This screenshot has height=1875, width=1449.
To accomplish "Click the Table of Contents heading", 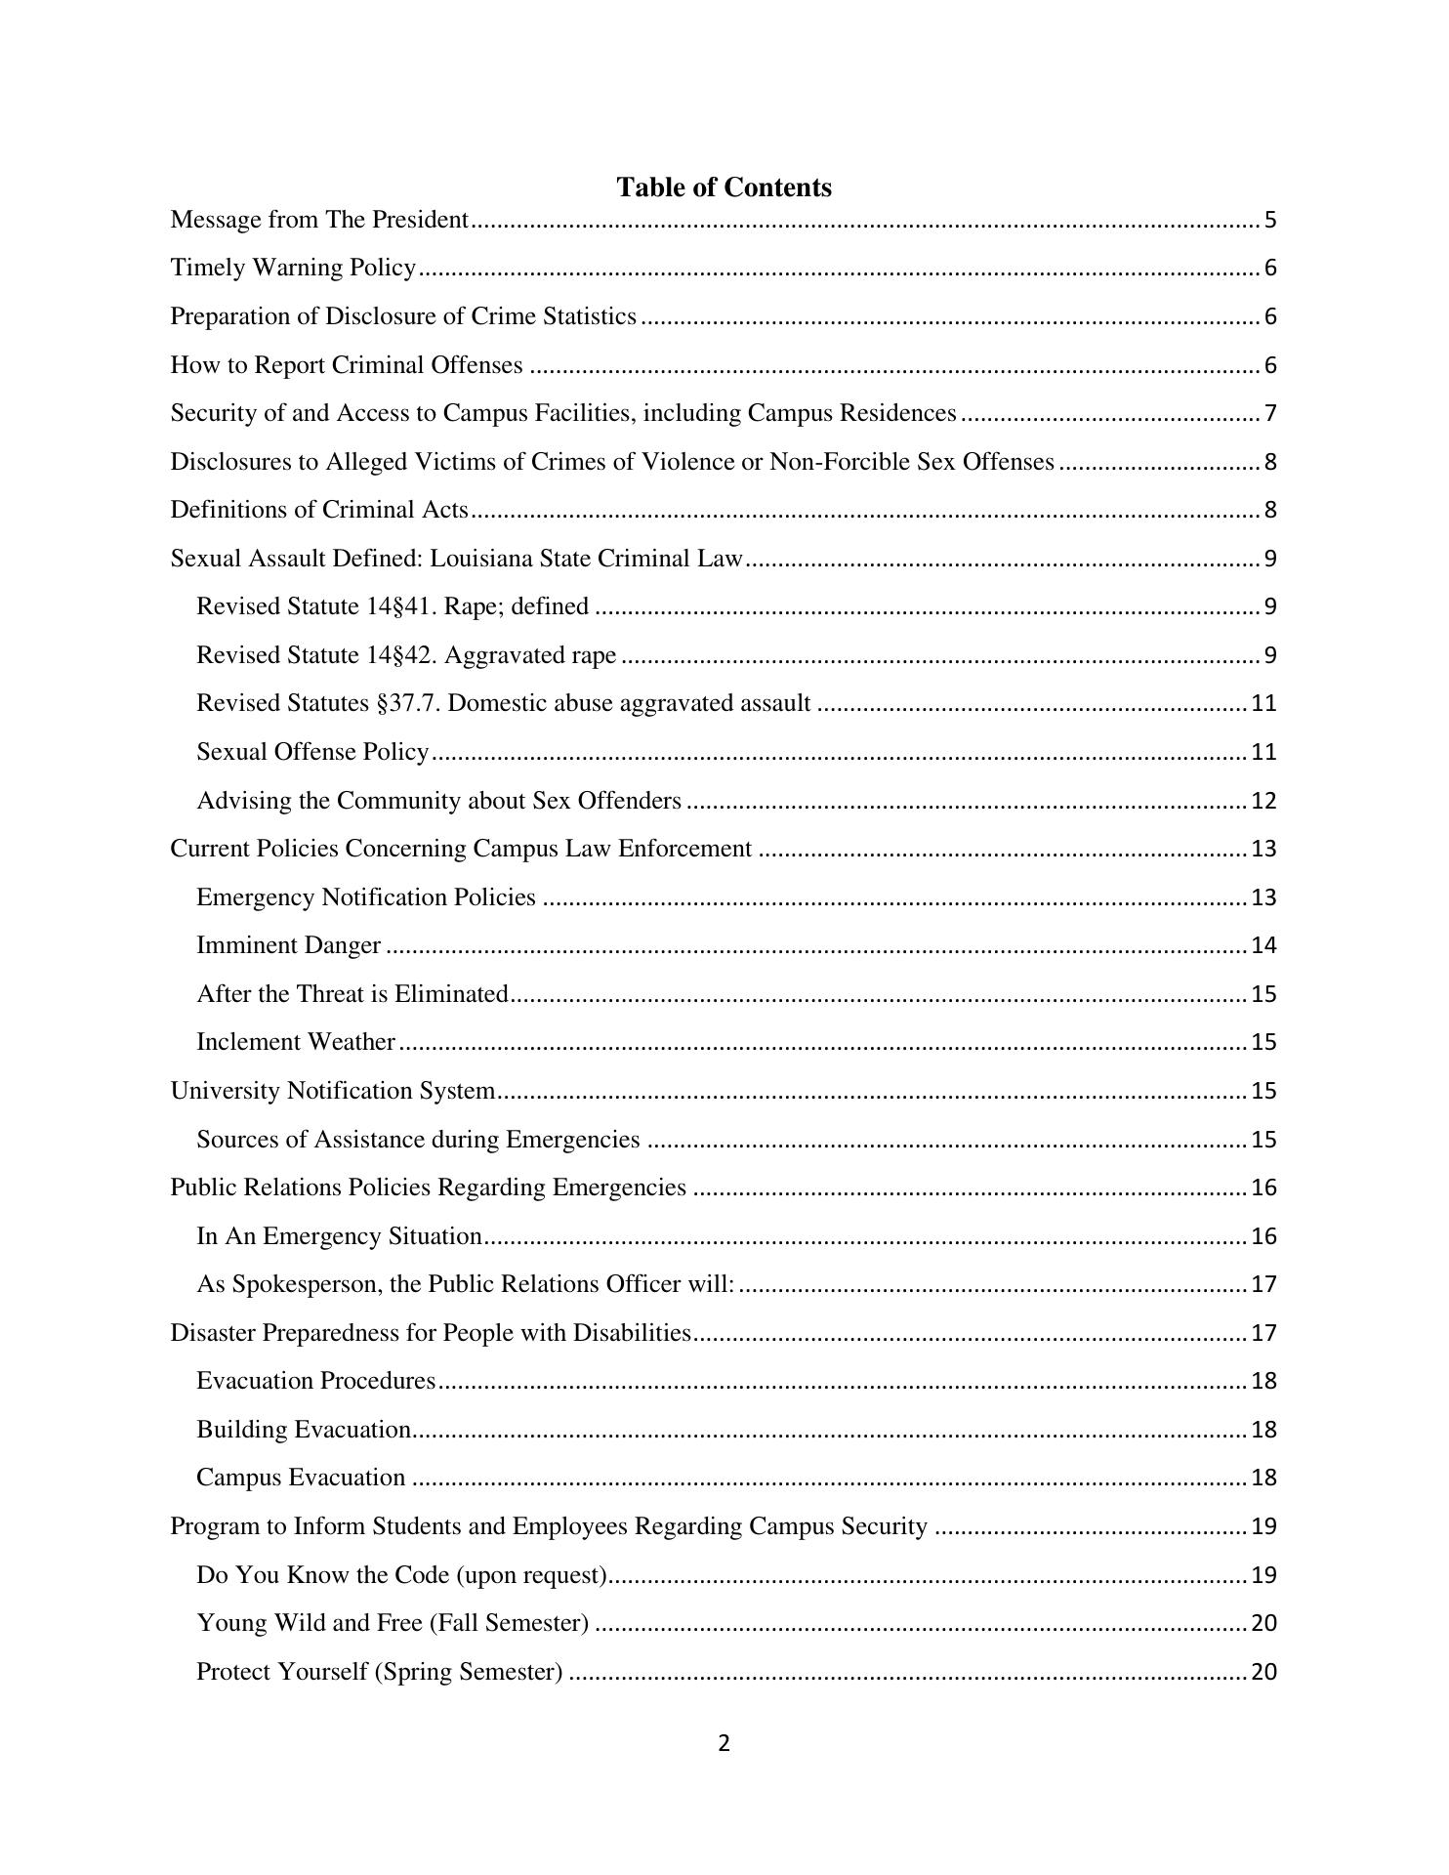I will click(724, 187).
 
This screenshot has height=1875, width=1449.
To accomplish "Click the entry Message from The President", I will click(319, 220).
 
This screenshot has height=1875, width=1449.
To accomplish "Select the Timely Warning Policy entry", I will click(293, 268).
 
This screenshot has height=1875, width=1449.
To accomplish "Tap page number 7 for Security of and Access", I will click(1270, 413).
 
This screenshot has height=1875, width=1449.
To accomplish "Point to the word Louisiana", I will click(478, 559).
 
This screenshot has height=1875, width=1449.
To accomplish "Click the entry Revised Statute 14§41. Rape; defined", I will click(393, 606).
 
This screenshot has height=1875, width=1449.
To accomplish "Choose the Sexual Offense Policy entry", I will click(312, 752).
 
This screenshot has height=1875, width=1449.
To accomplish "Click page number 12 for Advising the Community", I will click(1263, 801).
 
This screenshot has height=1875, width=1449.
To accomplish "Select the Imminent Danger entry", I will click(288, 945).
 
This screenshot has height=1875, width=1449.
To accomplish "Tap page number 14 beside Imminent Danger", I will click(1263, 945).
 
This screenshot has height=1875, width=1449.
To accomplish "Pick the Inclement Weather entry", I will click(295, 1042).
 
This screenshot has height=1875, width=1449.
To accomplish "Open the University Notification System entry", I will click(332, 1091).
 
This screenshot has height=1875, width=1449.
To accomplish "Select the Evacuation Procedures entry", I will click(315, 1381).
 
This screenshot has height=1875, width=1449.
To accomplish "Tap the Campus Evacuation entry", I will click(301, 1478).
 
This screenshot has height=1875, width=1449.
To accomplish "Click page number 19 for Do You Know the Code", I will click(1263, 1575).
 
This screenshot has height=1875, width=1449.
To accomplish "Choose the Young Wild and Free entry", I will click(393, 1623).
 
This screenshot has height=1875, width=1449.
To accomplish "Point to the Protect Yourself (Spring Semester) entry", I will click(379, 1672).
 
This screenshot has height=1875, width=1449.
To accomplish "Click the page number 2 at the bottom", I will click(724, 1743).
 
